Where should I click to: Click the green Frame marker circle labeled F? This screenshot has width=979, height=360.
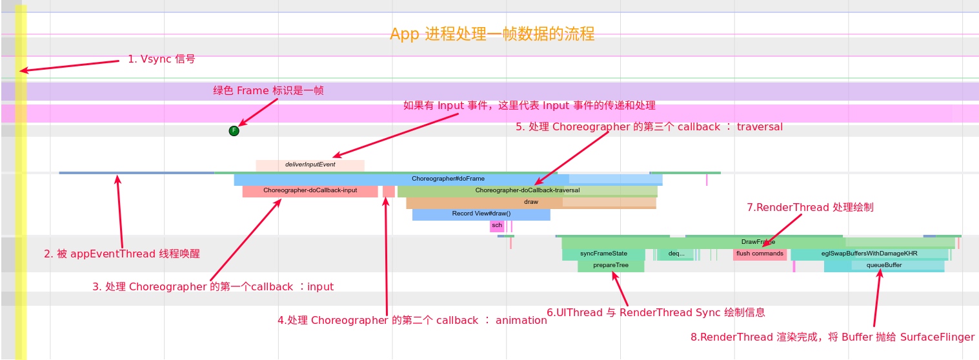[x=234, y=131]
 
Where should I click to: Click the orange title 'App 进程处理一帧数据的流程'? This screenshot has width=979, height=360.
[x=492, y=34]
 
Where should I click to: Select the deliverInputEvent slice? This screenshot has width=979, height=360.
[x=310, y=165]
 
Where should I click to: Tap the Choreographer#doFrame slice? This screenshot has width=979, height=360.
[x=448, y=179]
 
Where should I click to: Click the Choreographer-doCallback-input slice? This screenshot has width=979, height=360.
[x=310, y=190]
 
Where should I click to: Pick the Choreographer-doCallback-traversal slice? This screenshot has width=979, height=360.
[x=527, y=190]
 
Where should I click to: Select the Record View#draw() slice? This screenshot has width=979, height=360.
[x=481, y=214]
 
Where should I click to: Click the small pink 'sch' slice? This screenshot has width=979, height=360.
[x=496, y=226]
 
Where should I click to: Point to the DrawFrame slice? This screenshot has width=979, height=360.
[x=758, y=242]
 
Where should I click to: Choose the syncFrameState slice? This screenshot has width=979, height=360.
[x=603, y=254]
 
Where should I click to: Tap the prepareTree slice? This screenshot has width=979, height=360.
[x=611, y=265]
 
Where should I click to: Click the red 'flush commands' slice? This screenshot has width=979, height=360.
[x=760, y=254]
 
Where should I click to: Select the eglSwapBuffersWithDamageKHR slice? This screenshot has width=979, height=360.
[x=869, y=254]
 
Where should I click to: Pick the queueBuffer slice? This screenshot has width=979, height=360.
[x=883, y=265]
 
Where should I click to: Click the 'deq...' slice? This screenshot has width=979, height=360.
[x=676, y=254]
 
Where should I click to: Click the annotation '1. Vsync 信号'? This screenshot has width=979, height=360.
[x=161, y=59]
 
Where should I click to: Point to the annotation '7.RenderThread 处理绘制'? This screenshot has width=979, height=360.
[x=810, y=207]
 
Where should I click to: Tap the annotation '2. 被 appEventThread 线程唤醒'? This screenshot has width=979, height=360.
[x=122, y=254]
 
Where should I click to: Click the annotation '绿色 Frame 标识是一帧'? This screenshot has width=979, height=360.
[x=268, y=90]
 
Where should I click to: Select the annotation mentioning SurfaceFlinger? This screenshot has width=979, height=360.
[x=832, y=337]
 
